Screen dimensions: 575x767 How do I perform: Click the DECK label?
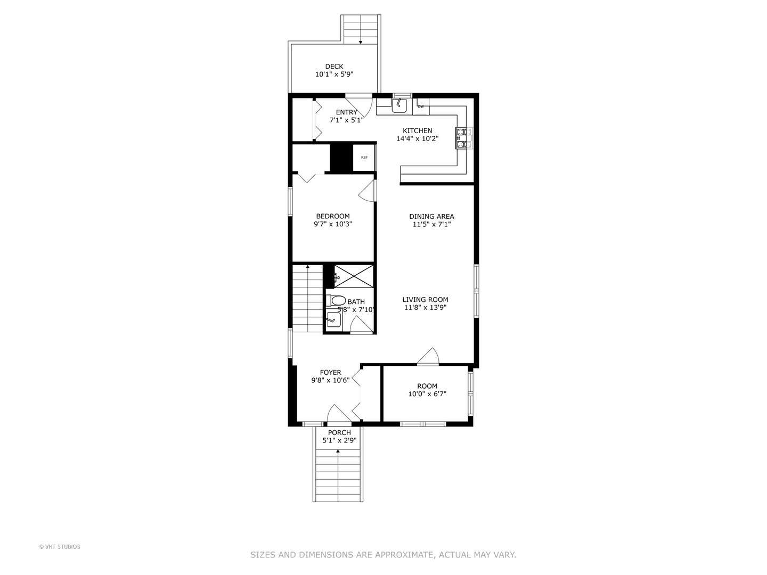point(334,67)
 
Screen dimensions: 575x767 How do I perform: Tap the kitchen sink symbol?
point(399,106)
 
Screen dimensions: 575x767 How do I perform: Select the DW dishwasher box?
point(421,106)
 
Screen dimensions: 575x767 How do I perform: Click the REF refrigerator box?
point(364,158)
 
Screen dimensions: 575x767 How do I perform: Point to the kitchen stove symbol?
point(461,137)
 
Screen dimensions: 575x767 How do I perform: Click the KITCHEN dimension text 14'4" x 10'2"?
point(417,138)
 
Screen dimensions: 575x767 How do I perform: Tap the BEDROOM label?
point(333,216)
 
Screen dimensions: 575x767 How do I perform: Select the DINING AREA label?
point(431,216)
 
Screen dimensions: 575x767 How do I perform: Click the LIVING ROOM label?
point(425,300)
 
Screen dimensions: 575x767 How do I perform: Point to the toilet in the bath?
point(336,300)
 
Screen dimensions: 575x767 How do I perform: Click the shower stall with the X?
point(353,276)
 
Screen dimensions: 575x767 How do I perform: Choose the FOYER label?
point(330,373)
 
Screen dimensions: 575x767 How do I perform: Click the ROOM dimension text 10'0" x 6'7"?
point(427,394)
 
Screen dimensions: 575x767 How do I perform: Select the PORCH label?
point(339,432)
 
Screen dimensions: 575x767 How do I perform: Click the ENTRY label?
point(347,112)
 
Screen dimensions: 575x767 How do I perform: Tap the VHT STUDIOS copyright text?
point(60,547)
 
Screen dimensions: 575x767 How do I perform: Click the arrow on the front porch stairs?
point(338,451)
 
